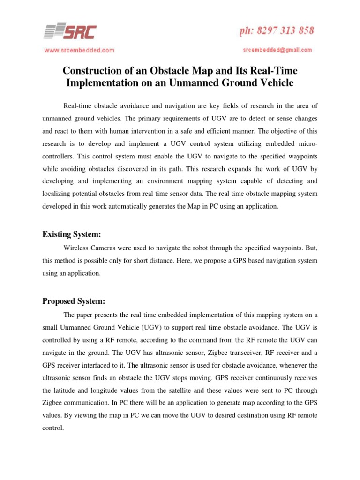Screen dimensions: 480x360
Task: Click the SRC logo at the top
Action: (x=70, y=31)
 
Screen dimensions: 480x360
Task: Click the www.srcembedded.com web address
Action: (x=79, y=50)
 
